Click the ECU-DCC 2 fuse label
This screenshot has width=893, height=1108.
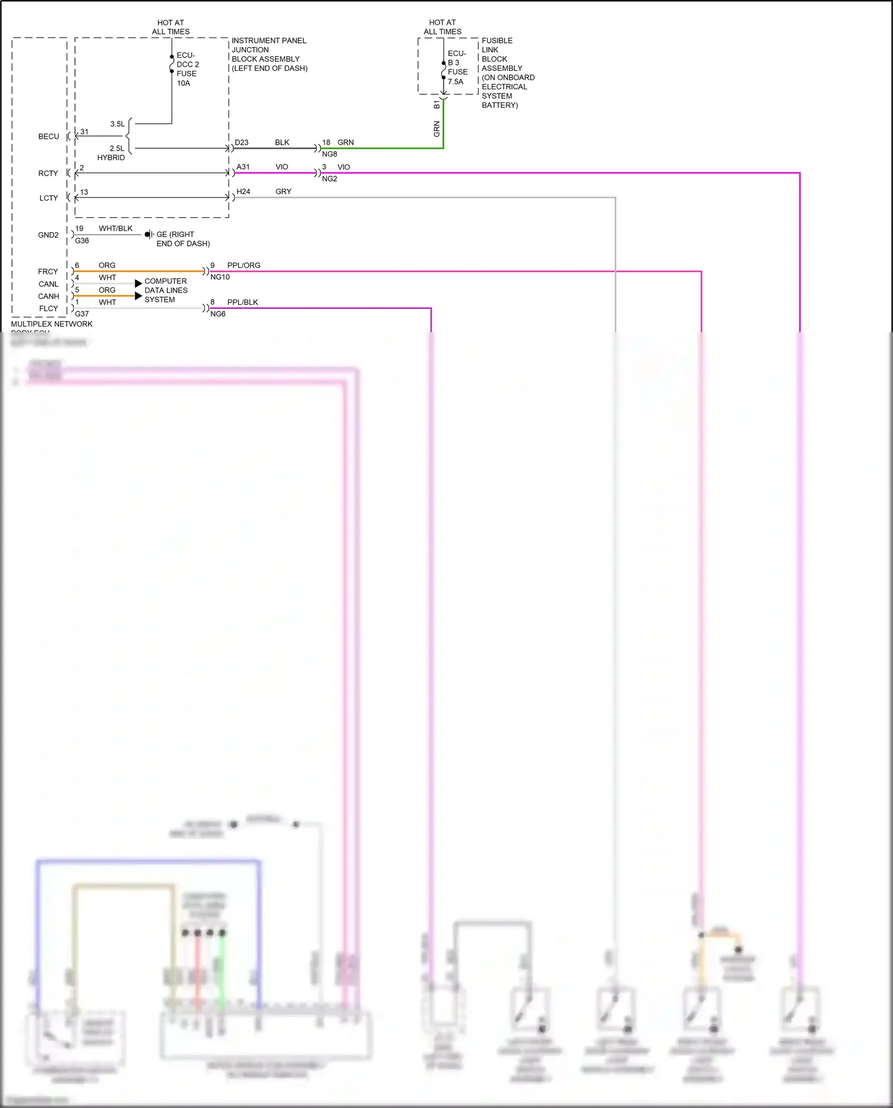(x=187, y=69)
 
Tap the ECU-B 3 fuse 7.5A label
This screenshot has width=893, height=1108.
(x=457, y=68)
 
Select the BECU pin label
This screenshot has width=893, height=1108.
(x=49, y=136)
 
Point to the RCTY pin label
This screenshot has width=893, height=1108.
(x=48, y=173)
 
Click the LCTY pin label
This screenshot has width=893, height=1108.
(x=49, y=198)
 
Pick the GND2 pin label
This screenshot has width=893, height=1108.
(x=48, y=235)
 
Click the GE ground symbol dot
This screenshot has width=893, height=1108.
(x=147, y=235)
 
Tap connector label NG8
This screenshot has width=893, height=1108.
(x=329, y=154)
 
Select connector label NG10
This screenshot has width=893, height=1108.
(x=220, y=277)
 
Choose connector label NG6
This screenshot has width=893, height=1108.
(x=218, y=314)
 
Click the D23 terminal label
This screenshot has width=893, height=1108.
(x=241, y=142)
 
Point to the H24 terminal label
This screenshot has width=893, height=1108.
(x=243, y=192)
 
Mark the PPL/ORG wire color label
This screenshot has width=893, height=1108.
(x=243, y=266)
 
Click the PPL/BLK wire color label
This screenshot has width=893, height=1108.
(x=242, y=302)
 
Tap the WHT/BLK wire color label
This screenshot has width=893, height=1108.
(x=115, y=229)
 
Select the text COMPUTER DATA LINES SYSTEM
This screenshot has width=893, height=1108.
(x=166, y=291)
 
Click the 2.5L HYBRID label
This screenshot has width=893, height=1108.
(x=114, y=153)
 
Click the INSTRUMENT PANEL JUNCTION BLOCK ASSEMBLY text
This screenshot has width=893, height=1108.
(x=269, y=54)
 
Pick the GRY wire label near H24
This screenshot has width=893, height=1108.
(x=283, y=192)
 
